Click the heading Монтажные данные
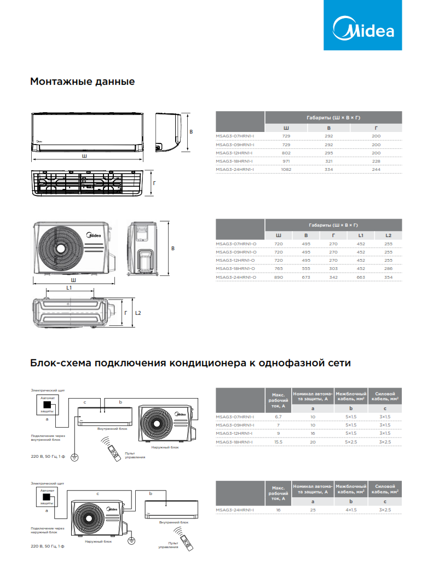82,82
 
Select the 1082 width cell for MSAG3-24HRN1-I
286,170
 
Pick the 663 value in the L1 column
361,278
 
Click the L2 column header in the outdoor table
388,235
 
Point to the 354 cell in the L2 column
388,278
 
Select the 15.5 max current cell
278,441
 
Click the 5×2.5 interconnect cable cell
351,441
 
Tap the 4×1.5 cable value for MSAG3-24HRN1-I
351,510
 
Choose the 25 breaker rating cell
313,510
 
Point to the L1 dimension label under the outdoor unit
69,287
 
